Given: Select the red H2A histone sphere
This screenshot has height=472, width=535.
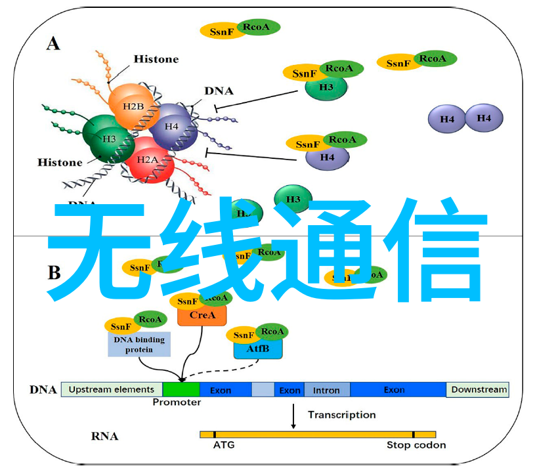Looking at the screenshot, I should pos(149,160).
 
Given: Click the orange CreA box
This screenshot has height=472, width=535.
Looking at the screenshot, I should pos(202,316).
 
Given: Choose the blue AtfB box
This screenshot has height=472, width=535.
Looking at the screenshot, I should pos(258,348).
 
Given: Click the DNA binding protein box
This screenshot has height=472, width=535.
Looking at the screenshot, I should pos(139,345).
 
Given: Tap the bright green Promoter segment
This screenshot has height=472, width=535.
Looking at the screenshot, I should pos(181,390).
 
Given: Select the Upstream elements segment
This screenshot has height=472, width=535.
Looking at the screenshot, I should pos(112,389).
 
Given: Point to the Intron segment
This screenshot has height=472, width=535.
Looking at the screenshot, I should pos(326,390).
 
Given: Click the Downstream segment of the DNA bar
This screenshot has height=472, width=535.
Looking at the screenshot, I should pos(479,389).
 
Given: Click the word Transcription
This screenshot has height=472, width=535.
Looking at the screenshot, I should pos(342,415).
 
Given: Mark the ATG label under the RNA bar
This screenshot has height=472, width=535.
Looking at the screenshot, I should pos(223,445).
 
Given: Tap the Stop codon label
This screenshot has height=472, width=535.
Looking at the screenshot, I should pos(416,445).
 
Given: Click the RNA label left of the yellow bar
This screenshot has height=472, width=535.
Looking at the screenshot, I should pos(105,435).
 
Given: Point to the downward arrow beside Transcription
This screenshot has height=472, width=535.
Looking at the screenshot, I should pos(293,416).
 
